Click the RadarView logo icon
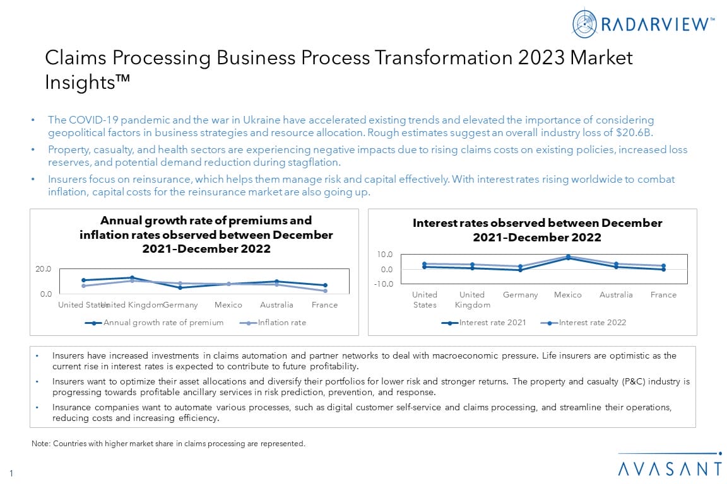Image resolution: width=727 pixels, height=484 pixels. (584, 23)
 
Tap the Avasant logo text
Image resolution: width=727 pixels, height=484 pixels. (670, 469)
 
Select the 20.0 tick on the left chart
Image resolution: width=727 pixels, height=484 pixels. (43, 269)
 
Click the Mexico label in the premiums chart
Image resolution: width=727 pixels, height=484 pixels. (228, 305)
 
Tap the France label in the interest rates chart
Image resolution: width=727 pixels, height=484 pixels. (663, 295)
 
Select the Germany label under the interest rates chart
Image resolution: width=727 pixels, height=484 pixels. (520, 295)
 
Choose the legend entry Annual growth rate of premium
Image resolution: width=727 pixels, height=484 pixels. (163, 323)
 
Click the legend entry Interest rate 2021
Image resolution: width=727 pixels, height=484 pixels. (492, 323)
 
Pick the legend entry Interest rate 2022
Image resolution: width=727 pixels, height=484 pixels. (592, 323)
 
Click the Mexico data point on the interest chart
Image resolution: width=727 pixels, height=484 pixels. (568, 257)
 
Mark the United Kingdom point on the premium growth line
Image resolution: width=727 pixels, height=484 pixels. (132, 277)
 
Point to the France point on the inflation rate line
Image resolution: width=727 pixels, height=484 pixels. (325, 291)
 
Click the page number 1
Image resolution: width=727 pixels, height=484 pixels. (11, 472)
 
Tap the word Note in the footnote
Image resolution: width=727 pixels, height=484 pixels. (40, 444)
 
